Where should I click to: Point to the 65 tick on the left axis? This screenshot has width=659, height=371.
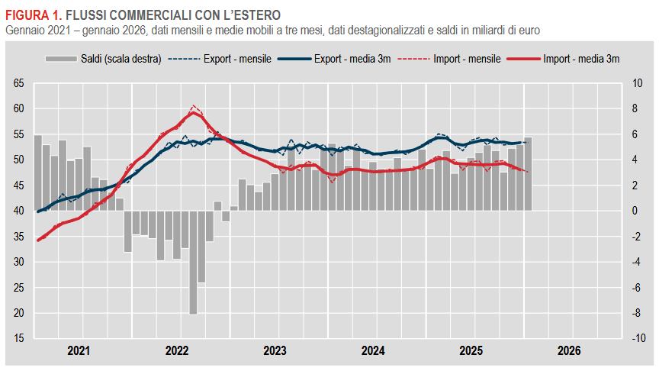pyautogui.click(x=18, y=84)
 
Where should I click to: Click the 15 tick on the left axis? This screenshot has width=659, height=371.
pyautogui.click(x=18, y=338)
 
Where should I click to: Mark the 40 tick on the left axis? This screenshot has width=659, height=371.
pyautogui.click(x=18, y=211)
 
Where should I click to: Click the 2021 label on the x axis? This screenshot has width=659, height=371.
pyautogui.click(x=79, y=351)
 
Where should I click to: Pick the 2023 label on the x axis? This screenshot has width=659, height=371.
pyautogui.click(x=275, y=351)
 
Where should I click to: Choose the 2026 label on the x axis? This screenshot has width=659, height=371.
pyautogui.click(x=569, y=351)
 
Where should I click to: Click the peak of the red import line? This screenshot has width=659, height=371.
pyautogui.click(x=194, y=111)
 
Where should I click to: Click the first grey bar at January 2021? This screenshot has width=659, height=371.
pyautogui.click(x=38, y=173)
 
